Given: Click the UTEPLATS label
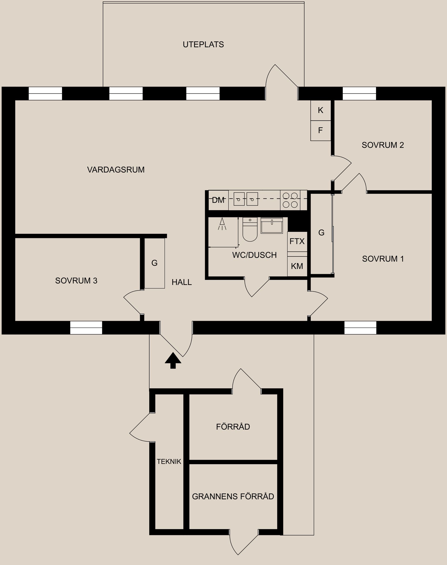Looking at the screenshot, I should (203, 45).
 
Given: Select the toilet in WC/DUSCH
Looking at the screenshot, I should (250, 230).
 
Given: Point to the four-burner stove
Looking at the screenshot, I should (290, 200).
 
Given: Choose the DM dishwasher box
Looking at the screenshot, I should (218, 200).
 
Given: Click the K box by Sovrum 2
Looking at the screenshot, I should (321, 110).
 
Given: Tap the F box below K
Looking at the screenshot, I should (321, 130).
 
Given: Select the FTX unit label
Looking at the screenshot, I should (297, 241).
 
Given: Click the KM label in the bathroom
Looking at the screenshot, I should (297, 266).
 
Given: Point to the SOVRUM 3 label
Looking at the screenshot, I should (76, 281).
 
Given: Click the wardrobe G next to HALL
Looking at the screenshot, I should (154, 263).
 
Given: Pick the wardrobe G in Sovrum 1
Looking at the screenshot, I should (321, 233).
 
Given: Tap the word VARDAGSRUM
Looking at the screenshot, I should (116, 170).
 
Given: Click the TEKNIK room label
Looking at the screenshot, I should (169, 462).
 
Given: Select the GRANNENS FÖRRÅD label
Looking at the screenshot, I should (233, 496).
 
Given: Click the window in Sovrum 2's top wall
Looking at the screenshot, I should (359, 93).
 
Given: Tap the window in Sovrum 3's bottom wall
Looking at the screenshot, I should (86, 328).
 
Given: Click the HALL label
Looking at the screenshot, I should (182, 282).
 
